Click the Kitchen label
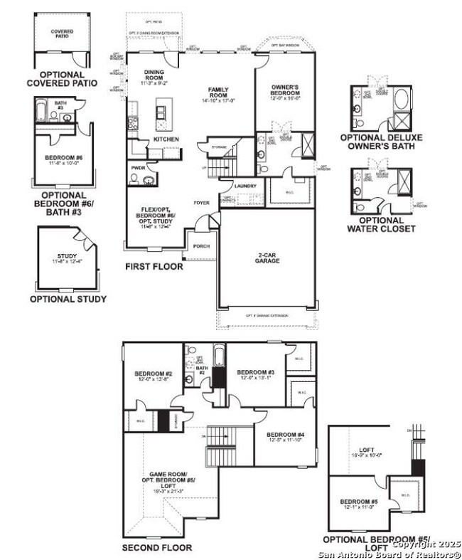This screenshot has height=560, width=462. [x=166, y=139]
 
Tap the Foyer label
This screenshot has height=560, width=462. [x=202, y=203]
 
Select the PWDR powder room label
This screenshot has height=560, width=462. [x=138, y=168]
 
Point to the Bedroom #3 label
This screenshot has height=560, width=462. [x=256, y=373]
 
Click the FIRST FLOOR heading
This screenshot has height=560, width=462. [x=154, y=267]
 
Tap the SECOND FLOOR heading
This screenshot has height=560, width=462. [x=156, y=548]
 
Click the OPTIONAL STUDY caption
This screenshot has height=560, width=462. [x=68, y=299]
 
